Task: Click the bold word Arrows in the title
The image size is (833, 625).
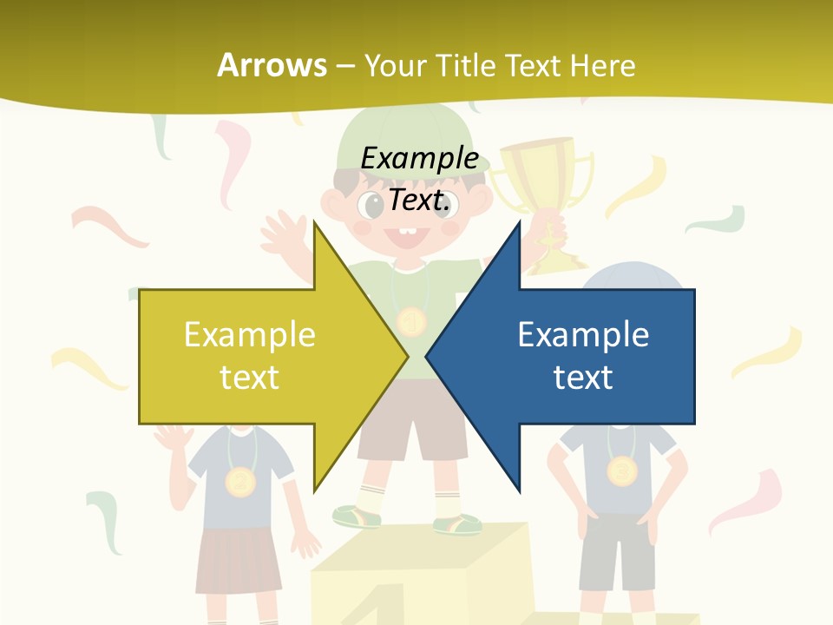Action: (272, 65)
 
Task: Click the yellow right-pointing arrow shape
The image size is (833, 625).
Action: (260, 357)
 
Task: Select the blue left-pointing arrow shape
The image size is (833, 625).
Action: (573, 357)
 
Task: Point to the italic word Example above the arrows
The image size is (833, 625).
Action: (419, 159)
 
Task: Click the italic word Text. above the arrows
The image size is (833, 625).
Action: (419, 201)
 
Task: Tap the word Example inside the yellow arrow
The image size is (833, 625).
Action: (250, 335)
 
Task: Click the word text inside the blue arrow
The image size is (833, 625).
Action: (583, 378)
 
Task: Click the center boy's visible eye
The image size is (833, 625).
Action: (373, 207)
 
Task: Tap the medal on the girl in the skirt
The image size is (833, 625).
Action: (240, 480)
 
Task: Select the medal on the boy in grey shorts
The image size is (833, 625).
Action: (621, 471)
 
